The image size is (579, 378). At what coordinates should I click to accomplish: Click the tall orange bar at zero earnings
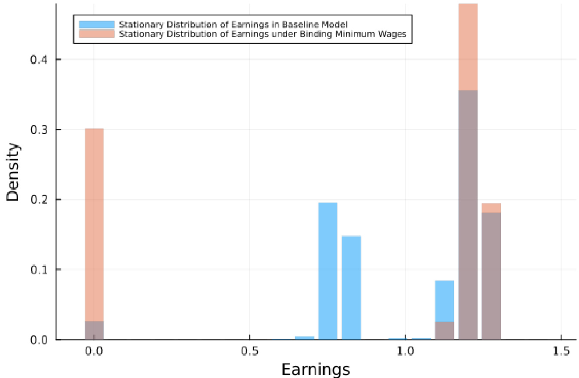point(94,224)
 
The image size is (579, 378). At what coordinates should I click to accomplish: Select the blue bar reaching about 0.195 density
point(328,271)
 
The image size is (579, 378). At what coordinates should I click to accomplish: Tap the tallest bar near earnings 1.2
point(468,172)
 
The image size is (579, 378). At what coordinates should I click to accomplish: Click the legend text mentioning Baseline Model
point(233,24)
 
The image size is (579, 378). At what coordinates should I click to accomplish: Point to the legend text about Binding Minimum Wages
point(262,34)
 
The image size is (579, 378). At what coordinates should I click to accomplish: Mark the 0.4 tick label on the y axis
point(39,59)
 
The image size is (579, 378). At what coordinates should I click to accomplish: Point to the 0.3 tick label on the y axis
point(39,129)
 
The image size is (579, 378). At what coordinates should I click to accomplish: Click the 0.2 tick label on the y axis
point(39,200)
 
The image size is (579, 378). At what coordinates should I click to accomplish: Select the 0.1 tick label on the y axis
point(39,270)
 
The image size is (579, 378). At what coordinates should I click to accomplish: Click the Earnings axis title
point(315,369)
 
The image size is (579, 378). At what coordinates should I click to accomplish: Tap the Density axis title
point(13,172)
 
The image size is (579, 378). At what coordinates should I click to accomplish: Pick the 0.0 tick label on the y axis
point(39,340)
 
